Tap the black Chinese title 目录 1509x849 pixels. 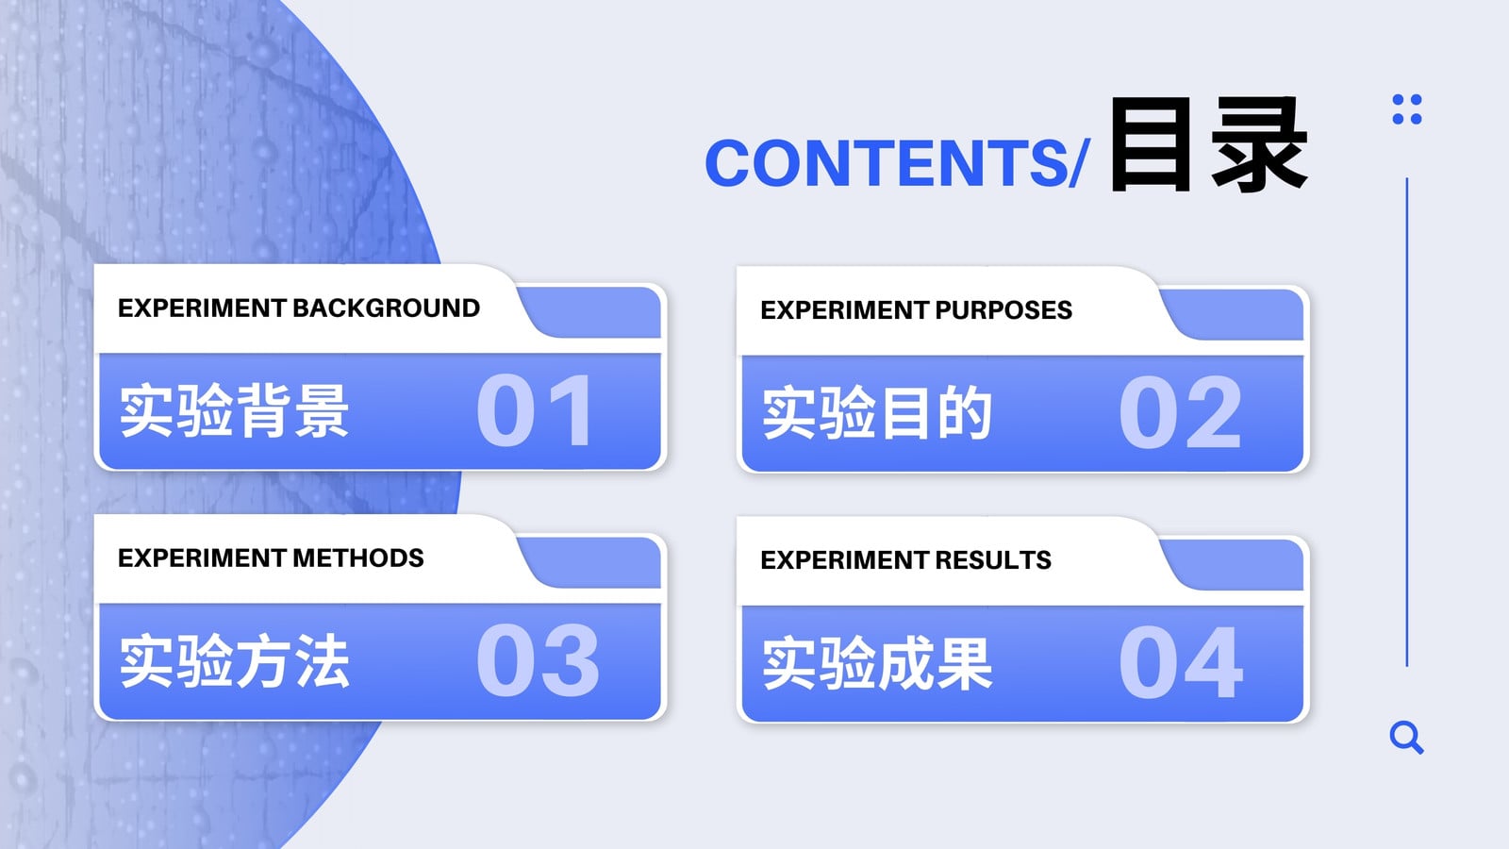click(1208, 145)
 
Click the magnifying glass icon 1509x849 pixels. click(1406, 737)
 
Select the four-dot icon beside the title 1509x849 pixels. click(1406, 109)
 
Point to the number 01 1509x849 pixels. click(535, 409)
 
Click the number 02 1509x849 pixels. click(1180, 411)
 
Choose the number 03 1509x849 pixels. click(537, 659)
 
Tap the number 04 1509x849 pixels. click(1180, 661)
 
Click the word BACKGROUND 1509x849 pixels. click(386, 308)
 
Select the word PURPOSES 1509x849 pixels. click(1003, 310)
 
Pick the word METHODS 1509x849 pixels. click(357, 558)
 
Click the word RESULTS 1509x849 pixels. click(993, 560)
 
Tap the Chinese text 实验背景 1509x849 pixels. click(234, 410)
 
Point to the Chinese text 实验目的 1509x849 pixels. click(876, 412)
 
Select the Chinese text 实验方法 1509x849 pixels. click(234, 661)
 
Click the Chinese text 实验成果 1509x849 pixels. click(876, 663)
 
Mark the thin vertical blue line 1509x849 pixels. click(1406, 423)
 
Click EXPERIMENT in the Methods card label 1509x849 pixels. click(202, 558)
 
